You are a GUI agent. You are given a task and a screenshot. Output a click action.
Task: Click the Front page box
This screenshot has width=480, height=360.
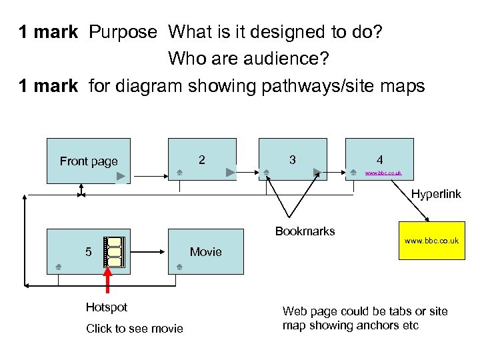(x=88, y=161)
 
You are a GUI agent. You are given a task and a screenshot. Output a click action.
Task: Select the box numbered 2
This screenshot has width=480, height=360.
(x=202, y=160)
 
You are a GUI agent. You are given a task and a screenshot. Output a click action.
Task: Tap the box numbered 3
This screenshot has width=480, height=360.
(x=292, y=160)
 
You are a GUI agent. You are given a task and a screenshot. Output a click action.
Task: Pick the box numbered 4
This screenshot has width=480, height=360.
(x=379, y=160)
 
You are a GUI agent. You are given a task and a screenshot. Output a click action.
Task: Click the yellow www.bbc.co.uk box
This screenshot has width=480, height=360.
(x=431, y=245)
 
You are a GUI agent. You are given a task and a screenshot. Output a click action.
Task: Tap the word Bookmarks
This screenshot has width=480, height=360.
(x=305, y=232)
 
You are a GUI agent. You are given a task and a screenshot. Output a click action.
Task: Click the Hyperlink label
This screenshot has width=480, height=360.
(x=436, y=194)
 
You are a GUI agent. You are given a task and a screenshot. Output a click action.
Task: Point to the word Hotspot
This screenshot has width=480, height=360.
(x=106, y=307)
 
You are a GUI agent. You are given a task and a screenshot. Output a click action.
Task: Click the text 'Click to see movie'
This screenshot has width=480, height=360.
(x=134, y=329)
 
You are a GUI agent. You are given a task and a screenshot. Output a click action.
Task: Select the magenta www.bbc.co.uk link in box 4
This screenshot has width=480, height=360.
(x=383, y=173)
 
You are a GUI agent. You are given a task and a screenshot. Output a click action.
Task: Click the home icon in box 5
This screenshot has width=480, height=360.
(x=59, y=267)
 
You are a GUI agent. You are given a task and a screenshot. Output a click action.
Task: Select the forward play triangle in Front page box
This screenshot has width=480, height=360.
(x=121, y=177)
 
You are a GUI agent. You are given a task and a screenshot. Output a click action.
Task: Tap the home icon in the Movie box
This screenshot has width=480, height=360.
(x=179, y=267)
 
